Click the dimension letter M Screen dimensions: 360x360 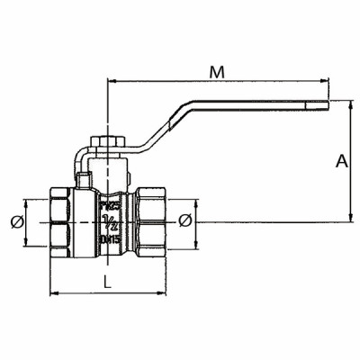click(215, 69)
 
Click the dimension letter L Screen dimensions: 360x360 click(107, 282)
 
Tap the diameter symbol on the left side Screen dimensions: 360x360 click(13, 221)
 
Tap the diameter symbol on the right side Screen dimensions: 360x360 click(185, 221)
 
